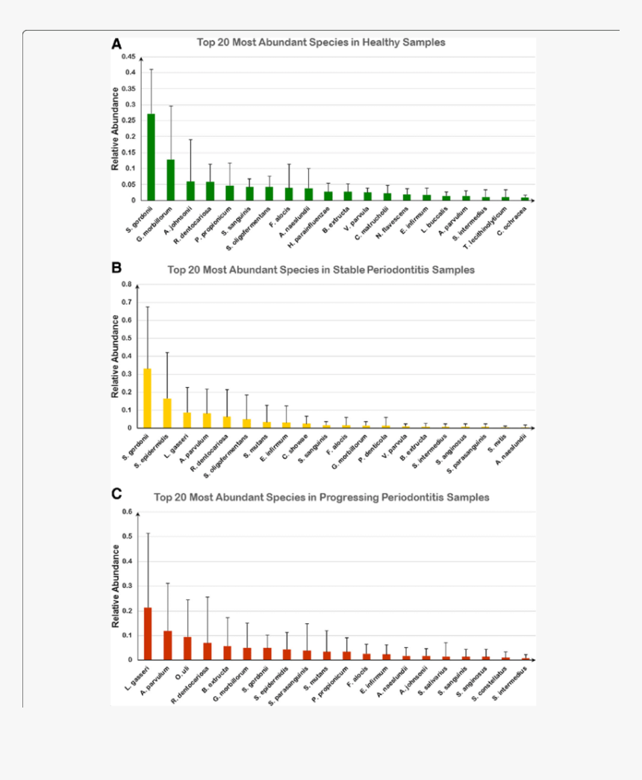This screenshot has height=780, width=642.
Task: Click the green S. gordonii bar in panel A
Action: click(x=152, y=157)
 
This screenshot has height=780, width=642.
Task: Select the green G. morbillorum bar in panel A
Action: click(x=171, y=180)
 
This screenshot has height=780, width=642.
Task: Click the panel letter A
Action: click(x=116, y=44)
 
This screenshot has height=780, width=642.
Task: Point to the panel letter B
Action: click(x=116, y=267)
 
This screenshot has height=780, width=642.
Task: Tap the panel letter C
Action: click(x=116, y=494)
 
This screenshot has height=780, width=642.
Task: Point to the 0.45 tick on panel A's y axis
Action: click(x=129, y=57)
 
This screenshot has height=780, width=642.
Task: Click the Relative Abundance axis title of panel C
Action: click(x=116, y=586)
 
